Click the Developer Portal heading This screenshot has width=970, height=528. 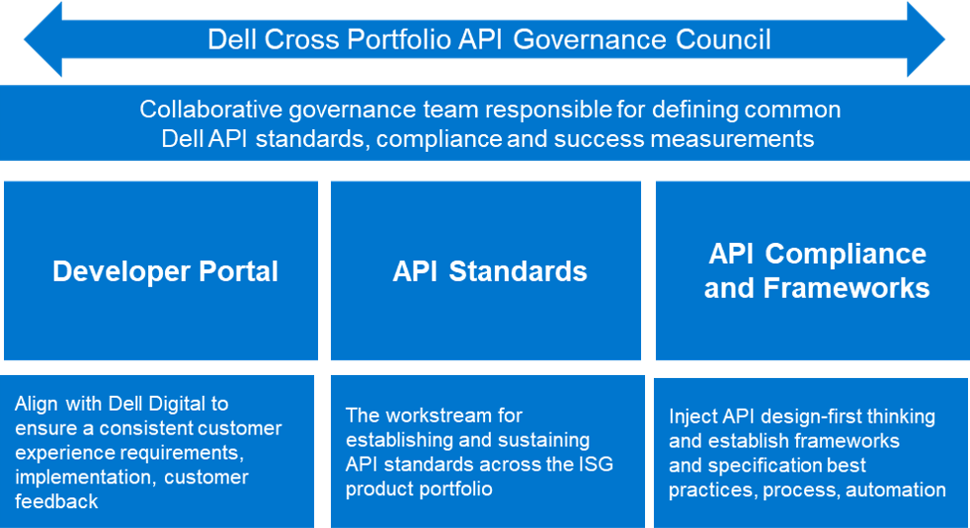[x=165, y=271]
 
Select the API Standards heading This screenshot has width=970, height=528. [x=490, y=271]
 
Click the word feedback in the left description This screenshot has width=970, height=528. [x=57, y=501]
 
